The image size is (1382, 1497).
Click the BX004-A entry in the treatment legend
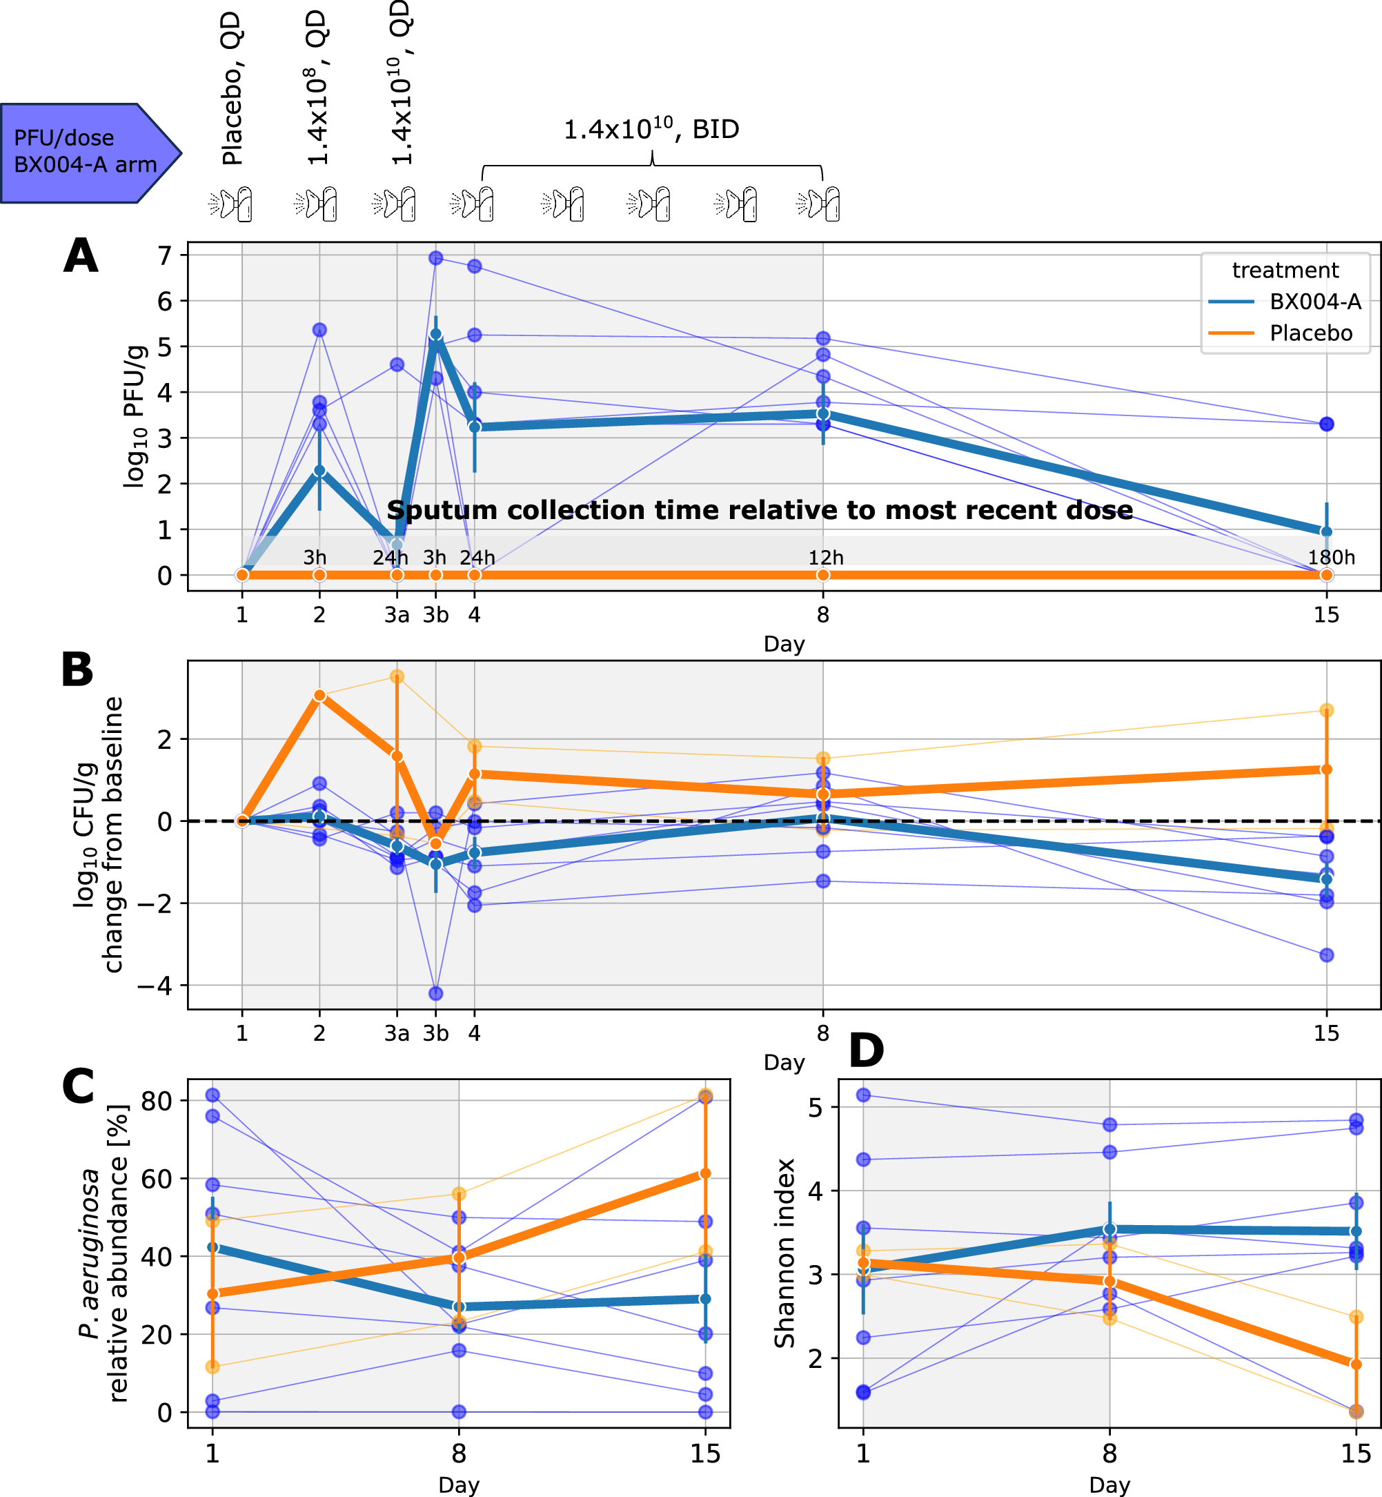[1314, 302]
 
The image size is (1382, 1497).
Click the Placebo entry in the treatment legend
[1310, 333]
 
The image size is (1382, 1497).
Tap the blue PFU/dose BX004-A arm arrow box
[86, 152]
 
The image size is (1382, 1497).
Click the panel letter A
[81, 256]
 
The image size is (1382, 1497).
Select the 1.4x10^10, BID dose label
[651, 130]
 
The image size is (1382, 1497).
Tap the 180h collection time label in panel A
[1330, 558]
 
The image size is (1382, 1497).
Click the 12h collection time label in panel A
[826, 558]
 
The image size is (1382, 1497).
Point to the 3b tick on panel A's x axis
[435, 615]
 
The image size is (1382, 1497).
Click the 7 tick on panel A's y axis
[164, 256]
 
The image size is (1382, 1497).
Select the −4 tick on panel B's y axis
[154, 986]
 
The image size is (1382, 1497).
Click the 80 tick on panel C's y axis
[157, 1102]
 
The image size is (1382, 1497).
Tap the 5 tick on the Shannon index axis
[816, 1106]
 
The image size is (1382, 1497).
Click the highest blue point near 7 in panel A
[436, 258]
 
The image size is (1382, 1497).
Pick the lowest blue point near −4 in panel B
[436, 993]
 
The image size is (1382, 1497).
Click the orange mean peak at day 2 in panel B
[319, 696]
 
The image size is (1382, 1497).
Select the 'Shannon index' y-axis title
[784, 1253]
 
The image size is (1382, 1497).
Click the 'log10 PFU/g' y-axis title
[134, 417]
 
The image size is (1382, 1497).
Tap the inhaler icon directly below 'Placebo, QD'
[231, 204]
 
